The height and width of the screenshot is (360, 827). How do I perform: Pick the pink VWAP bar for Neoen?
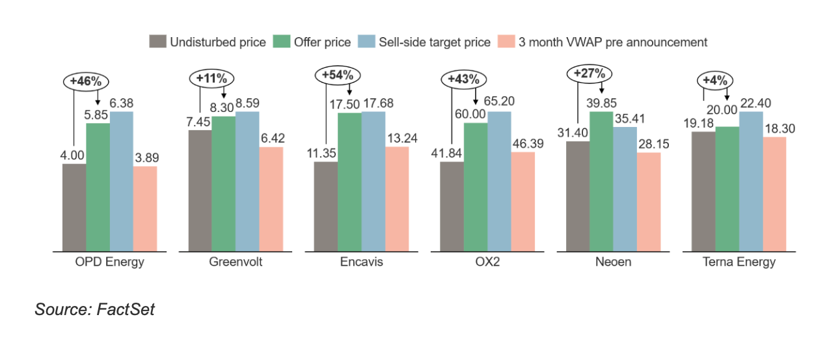pyautogui.click(x=649, y=202)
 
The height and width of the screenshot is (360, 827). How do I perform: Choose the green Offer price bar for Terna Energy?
pyautogui.click(x=727, y=189)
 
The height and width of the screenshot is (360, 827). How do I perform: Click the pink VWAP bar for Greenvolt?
pyautogui.click(x=271, y=199)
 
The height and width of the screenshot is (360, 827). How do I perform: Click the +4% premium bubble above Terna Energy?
pyautogui.click(x=715, y=81)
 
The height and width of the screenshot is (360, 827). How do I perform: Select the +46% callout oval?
pyautogui.click(x=86, y=81)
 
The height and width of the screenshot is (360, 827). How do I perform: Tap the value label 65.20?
pyautogui.click(x=499, y=102)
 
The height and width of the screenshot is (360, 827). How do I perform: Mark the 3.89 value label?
pyautogui.click(x=145, y=158)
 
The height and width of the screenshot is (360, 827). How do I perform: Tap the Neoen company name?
pyautogui.click(x=612, y=263)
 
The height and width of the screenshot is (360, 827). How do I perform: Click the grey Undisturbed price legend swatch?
pyautogui.click(x=157, y=42)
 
